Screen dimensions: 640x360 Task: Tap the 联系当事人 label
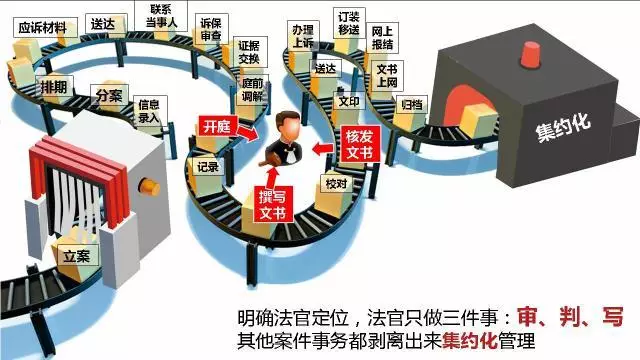(x=161, y=16)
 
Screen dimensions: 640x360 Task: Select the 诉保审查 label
(x=211, y=29)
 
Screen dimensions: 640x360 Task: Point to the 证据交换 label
(x=250, y=52)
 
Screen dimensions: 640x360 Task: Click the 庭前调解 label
(x=253, y=89)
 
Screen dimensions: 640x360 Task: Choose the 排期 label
(x=54, y=87)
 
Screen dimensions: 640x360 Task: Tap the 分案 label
(x=109, y=95)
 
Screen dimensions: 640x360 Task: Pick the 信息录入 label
(x=150, y=111)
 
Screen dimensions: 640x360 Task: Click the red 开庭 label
(x=217, y=126)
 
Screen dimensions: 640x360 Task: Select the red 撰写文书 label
(x=273, y=204)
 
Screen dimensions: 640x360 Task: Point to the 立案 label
(x=78, y=256)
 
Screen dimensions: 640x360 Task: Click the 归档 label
(x=412, y=105)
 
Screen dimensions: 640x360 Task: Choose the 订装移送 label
(x=349, y=23)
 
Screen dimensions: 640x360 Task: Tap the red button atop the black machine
(x=530, y=54)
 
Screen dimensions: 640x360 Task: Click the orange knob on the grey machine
(x=149, y=187)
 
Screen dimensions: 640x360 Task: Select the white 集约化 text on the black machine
(x=564, y=126)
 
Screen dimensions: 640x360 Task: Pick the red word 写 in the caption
(x=613, y=316)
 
